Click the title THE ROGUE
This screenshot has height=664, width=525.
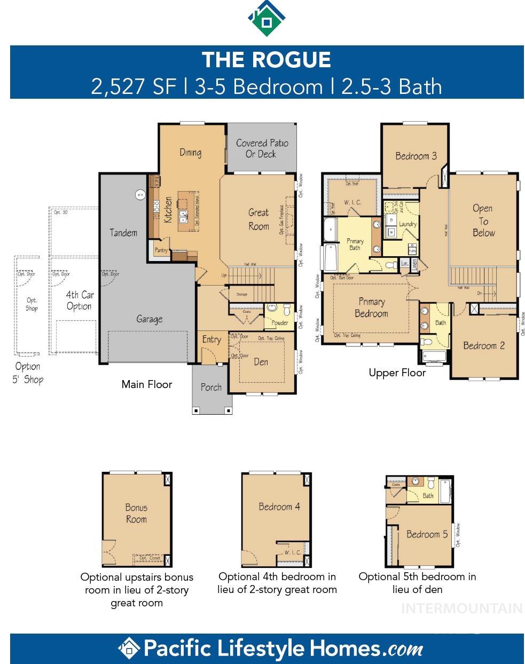(x=266, y=59)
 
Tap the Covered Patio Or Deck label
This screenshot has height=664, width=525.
(x=262, y=148)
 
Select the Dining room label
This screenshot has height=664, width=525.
(x=190, y=153)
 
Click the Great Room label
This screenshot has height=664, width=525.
(x=258, y=219)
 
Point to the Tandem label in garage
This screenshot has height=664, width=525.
(x=123, y=233)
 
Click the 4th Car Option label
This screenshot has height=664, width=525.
(x=80, y=301)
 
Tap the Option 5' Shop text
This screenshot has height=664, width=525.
(x=28, y=373)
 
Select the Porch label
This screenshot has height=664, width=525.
(x=211, y=388)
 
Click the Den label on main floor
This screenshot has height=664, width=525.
(x=261, y=362)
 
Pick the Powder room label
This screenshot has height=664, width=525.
(x=279, y=323)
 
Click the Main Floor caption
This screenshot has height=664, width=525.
(x=147, y=384)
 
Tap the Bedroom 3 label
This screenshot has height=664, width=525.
(x=416, y=156)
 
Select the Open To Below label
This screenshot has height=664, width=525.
(x=483, y=220)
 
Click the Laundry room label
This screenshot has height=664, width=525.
(x=408, y=224)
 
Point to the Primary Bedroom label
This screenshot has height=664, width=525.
(x=371, y=308)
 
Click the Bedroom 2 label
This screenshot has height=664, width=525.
(x=484, y=345)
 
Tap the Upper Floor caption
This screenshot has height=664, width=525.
(x=397, y=373)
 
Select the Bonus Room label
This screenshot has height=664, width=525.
(x=136, y=513)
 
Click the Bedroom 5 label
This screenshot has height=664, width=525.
(x=427, y=534)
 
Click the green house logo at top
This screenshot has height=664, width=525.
(x=266, y=18)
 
